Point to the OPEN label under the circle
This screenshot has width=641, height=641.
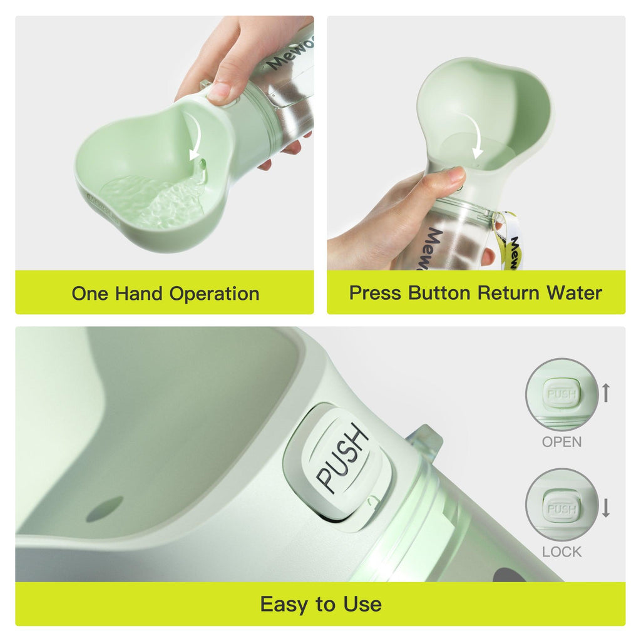point(562,442)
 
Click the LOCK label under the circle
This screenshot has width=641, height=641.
point(562,552)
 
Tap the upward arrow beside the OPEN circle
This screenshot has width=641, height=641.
point(605,393)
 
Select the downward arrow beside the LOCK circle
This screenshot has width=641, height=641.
point(605,506)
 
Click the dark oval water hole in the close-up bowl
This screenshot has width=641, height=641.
point(105,509)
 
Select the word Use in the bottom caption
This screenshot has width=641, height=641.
point(362,604)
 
